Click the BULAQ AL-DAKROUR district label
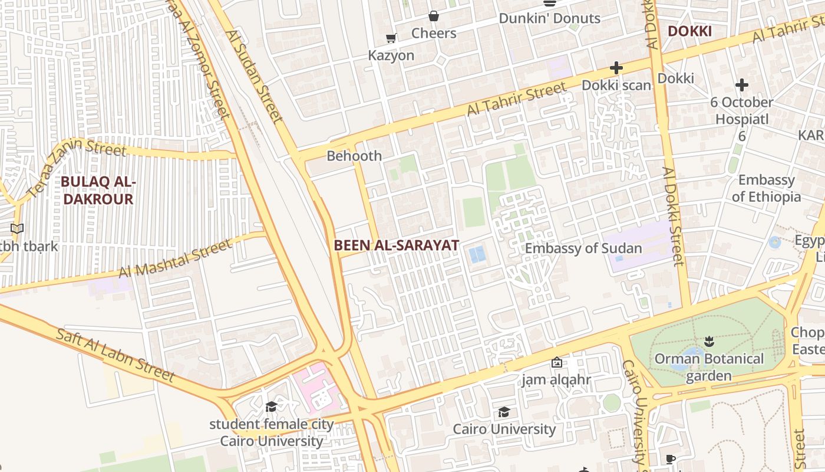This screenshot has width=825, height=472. tap(98, 191)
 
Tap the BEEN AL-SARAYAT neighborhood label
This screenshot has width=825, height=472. tap(396, 245)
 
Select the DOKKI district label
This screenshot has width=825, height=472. tap(689, 31)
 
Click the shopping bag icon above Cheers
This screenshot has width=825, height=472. tap(434, 16)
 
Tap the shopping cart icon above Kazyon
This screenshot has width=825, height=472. tap(391, 38)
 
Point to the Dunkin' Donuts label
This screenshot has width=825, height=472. tap(549, 18)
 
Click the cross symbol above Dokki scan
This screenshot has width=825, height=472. tap(616, 68)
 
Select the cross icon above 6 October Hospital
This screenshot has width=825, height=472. tap(741, 85)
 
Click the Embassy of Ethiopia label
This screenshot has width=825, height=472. tap(766, 188)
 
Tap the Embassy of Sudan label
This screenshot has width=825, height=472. tap(583, 248)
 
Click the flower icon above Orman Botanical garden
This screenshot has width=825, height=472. tap(709, 342)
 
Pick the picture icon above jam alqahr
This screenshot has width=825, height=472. tap(556, 362)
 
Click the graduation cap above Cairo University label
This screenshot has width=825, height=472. tap(504, 412)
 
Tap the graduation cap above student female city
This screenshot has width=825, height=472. tap(271, 407)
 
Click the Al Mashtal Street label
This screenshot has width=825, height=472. tap(176, 258)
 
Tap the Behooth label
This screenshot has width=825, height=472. tap(354, 156)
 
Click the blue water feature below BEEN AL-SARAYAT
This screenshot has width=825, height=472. tap(477, 255)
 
